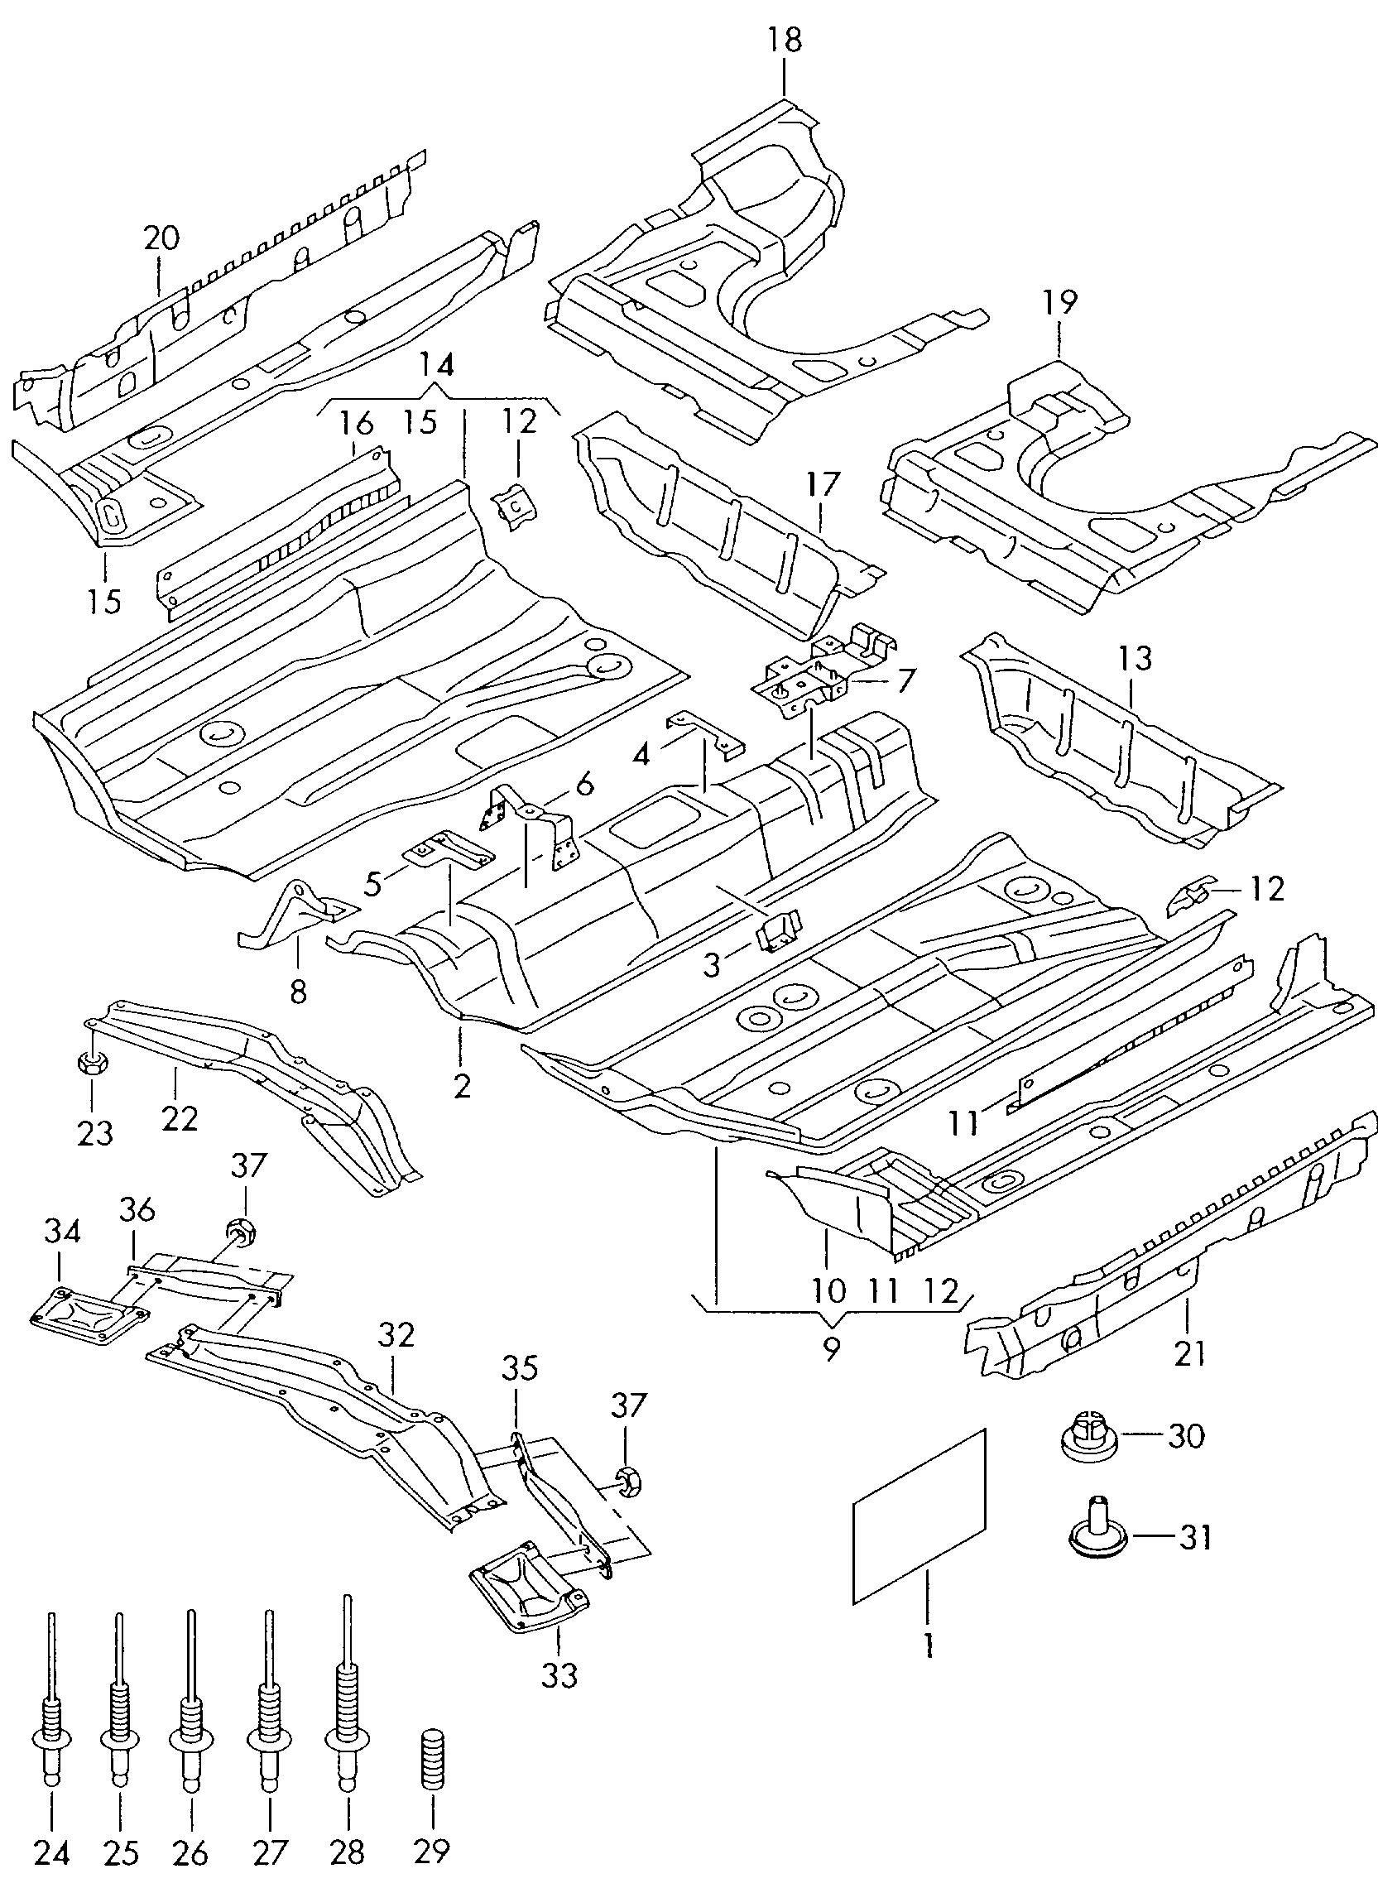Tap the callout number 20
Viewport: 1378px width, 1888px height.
161,238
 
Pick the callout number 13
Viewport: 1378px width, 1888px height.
1136,658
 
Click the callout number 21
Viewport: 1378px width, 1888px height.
1189,1352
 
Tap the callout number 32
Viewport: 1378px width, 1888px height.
396,1335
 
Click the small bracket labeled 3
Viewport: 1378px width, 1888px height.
778,929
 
